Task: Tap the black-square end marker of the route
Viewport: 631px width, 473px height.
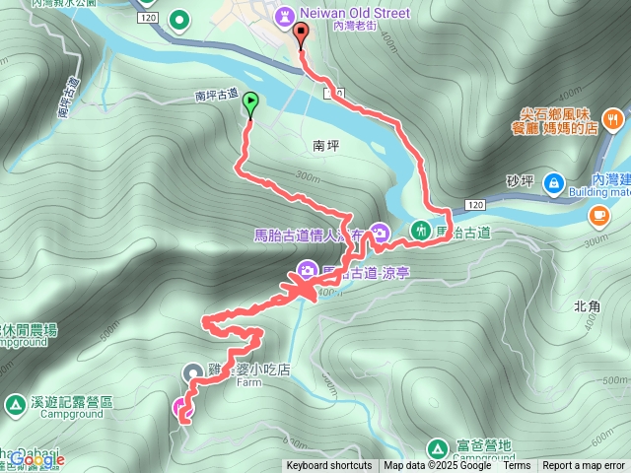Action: [x=301, y=32]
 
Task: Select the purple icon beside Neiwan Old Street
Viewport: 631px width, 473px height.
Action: [x=285, y=16]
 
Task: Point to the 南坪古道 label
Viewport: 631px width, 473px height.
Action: [x=216, y=95]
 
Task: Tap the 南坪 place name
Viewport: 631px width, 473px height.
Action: [x=325, y=144]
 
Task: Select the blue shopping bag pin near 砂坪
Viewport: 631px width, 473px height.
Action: [x=553, y=182]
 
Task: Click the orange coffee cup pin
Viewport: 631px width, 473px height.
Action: [x=598, y=215]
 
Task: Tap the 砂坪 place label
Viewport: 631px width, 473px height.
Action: [x=519, y=180]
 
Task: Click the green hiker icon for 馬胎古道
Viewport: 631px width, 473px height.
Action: [x=421, y=231]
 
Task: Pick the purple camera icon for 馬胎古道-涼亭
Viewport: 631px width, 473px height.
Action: [x=307, y=269]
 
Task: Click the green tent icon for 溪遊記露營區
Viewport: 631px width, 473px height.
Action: [x=16, y=404]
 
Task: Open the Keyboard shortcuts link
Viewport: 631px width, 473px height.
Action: [x=329, y=466]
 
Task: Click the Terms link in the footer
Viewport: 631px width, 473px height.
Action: [x=517, y=466]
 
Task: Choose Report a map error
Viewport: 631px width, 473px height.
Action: [x=584, y=466]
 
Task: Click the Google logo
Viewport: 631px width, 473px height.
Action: [x=37, y=459]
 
